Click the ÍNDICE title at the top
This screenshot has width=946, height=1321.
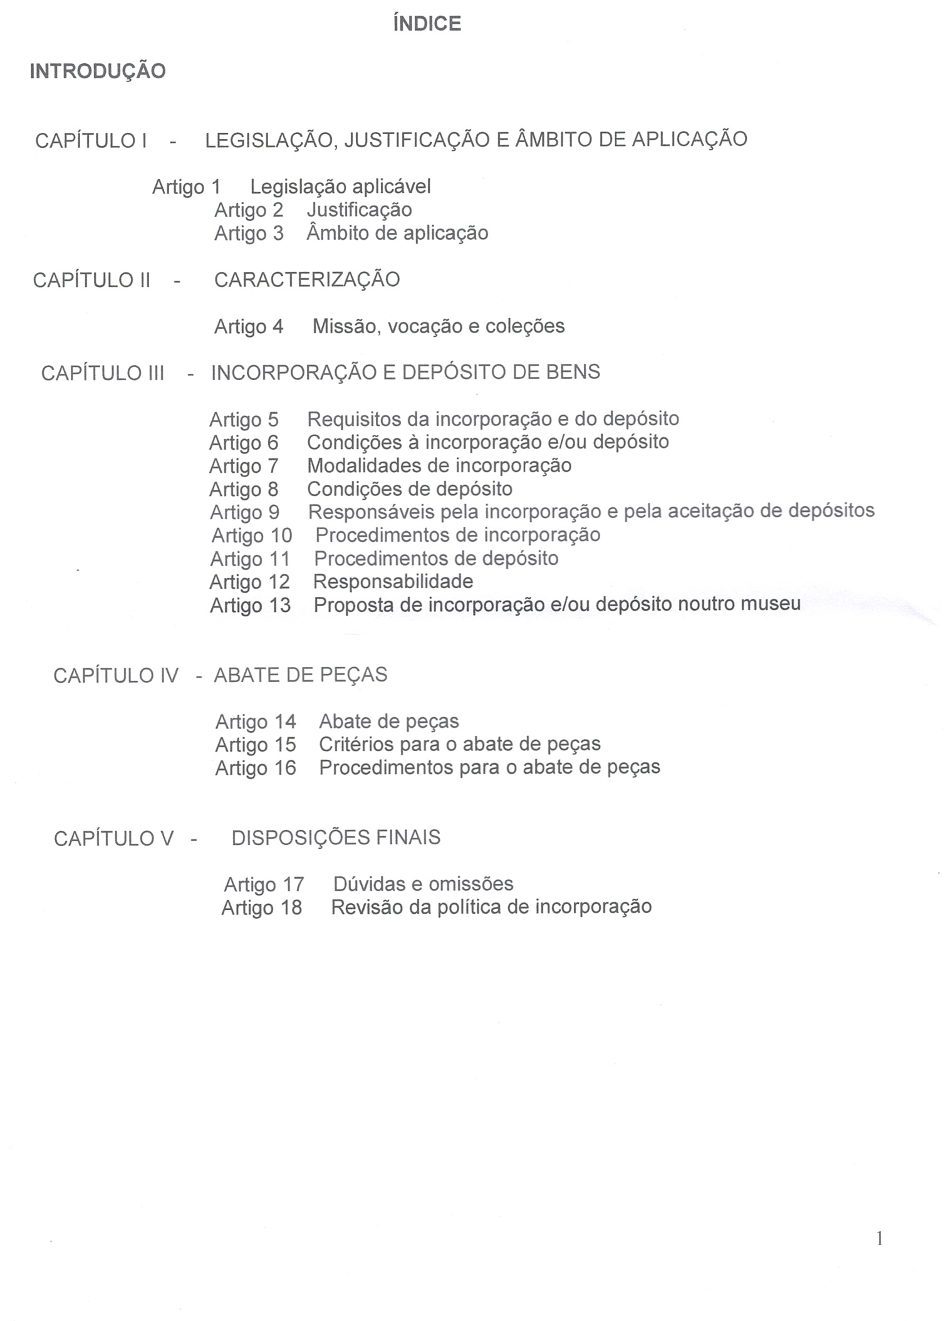427,24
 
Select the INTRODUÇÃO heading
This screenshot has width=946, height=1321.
98,71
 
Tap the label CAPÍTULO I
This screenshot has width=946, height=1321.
91,140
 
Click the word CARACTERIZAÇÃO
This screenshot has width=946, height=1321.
307,279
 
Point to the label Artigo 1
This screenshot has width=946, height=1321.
186,187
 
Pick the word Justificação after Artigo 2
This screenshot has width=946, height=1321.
359,210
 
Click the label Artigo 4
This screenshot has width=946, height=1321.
249,326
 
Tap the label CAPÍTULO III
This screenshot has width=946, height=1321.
103,373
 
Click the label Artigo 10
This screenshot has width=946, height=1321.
252,536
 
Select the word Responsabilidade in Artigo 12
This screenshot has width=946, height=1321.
393,582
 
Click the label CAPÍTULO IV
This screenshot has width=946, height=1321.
116,676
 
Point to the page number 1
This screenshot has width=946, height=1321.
880,1238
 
